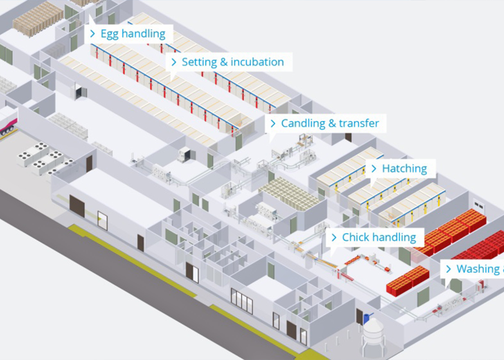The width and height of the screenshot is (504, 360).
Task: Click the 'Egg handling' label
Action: point(128,34)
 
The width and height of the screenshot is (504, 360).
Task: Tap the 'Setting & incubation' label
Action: point(229,62)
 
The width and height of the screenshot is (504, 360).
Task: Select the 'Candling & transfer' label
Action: point(326,123)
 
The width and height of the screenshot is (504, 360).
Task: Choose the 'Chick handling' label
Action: point(374,237)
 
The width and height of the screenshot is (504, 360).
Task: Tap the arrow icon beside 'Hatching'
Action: point(373,169)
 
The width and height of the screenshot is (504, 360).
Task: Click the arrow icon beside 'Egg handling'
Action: point(92,34)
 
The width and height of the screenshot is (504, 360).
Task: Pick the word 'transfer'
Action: point(359,123)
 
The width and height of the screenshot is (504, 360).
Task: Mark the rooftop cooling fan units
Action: point(43,157)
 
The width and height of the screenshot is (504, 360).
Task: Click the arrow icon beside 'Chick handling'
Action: point(334,237)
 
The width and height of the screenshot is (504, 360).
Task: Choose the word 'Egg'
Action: point(109,34)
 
